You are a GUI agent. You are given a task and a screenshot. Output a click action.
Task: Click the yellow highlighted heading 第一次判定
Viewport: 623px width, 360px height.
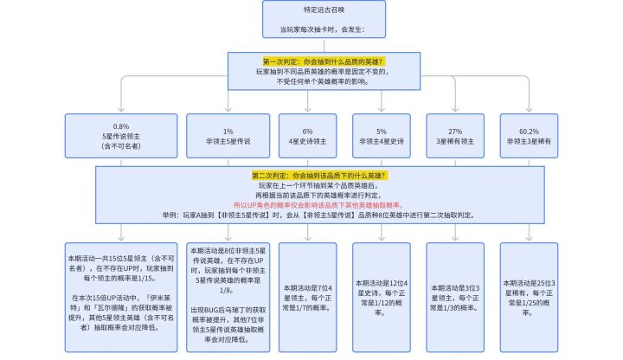tap(322, 61)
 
